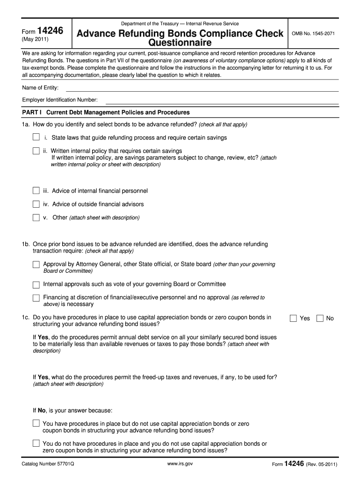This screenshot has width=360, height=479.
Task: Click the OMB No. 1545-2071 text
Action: (313, 34)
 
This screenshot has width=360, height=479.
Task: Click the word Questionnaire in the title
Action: (180, 43)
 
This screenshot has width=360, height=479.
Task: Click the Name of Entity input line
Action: (202, 88)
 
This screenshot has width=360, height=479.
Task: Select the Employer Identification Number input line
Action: (222, 100)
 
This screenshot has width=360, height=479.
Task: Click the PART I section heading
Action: (106, 113)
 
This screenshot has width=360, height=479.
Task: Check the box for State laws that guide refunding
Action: (36, 138)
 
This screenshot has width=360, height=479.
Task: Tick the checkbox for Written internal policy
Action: (36, 151)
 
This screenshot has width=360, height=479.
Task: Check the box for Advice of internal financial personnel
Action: (36, 191)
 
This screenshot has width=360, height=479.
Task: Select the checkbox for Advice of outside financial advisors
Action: (36, 204)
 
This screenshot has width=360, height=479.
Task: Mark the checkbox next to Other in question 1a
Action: (36, 218)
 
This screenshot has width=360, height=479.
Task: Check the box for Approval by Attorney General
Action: (36, 265)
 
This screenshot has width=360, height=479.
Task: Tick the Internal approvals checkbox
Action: (36, 285)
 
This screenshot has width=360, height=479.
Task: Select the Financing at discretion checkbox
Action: (36, 298)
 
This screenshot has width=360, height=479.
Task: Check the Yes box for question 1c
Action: (293, 319)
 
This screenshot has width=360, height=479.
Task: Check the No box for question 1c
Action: (320, 319)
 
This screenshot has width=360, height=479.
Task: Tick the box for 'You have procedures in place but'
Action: (36, 423)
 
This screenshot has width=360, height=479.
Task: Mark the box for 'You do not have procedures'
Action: (36, 443)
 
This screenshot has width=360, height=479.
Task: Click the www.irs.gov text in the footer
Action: (180, 464)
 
